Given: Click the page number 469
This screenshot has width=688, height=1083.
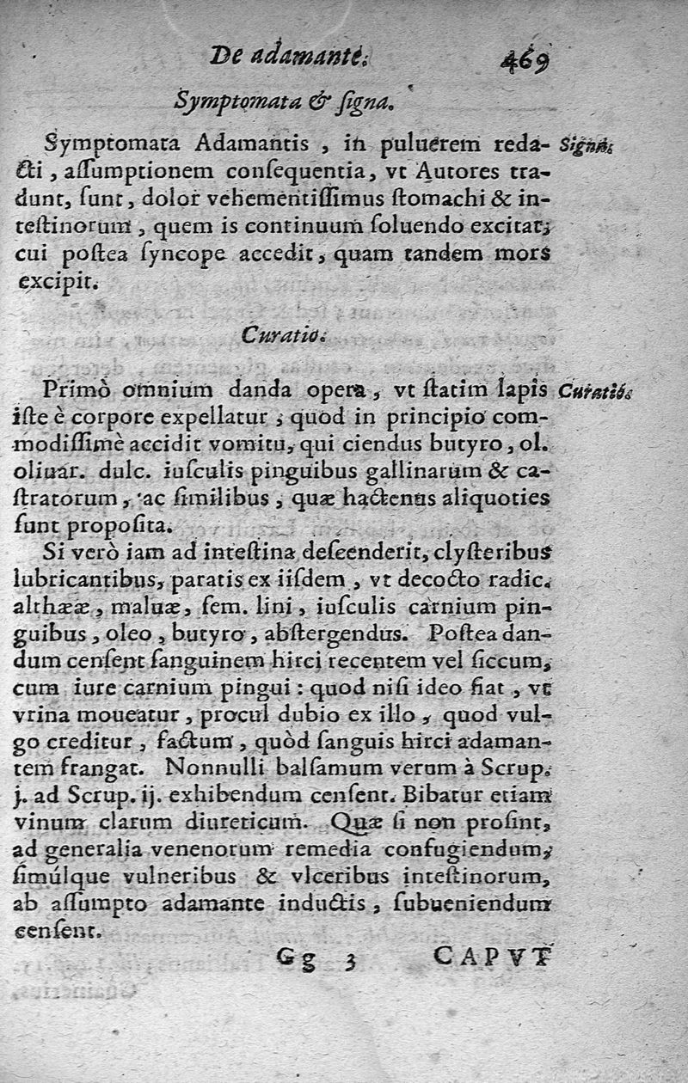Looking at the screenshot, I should coord(525,62).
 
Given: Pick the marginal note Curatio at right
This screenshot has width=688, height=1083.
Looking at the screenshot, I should coord(593,391).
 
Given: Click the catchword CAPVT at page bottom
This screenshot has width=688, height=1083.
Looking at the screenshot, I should coord(491,955).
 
